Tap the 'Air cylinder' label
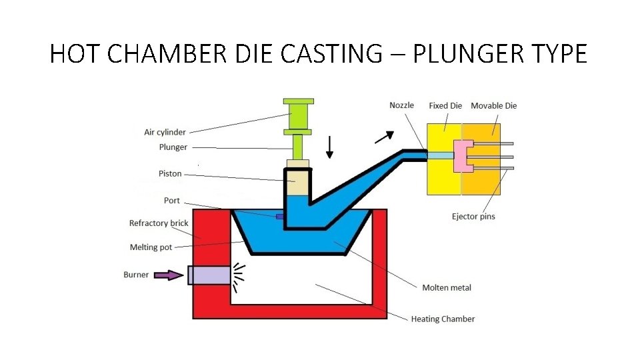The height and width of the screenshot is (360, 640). coord(165,132)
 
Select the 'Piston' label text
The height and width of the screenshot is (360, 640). coord(170,174)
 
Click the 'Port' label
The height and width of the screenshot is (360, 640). coord(171,201)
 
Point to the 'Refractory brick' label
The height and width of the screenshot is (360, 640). coord(159,223)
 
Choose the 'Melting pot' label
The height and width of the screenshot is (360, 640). coord(151,247)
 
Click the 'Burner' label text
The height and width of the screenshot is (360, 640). coord(136,275)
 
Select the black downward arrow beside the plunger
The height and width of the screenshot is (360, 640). coord(329,147)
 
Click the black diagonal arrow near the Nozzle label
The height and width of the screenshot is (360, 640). coord(383,137)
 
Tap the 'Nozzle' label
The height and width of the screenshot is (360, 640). coord(401,105)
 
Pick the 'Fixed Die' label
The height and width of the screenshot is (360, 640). coord(445,105)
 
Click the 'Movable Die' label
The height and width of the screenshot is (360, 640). coord(493,105)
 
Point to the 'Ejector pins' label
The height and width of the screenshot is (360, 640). coord(473,217)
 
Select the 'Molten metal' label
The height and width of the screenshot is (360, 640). coord(447,288)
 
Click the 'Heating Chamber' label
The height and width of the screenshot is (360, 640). coord(443,319)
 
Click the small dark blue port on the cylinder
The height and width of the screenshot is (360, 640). coord(280,216)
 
